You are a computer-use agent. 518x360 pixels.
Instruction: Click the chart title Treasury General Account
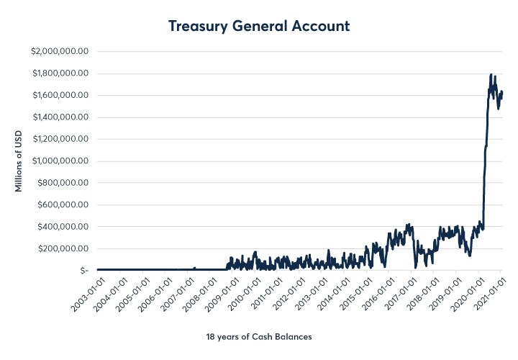(x=259, y=26)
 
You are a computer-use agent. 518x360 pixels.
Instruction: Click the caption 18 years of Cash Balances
(x=259, y=336)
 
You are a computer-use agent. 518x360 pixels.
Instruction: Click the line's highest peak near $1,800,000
(x=491, y=75)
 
